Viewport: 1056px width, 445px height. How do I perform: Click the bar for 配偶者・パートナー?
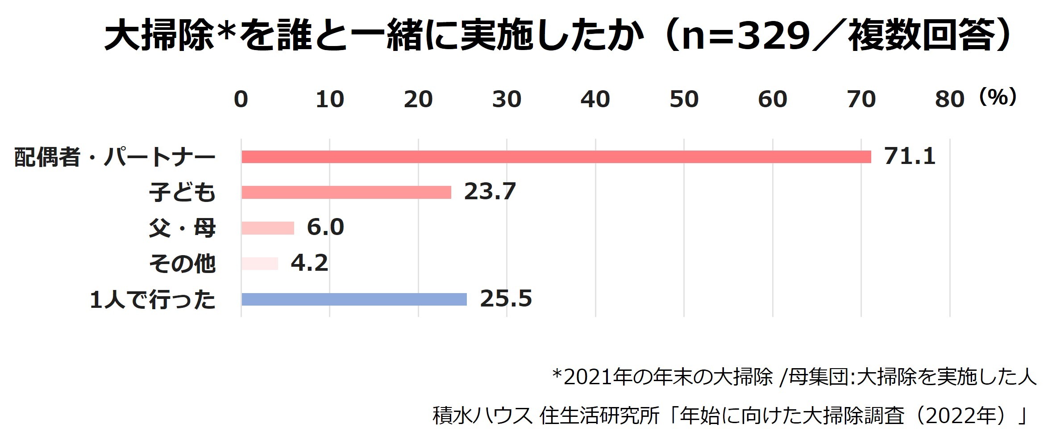click(x=556, y=157)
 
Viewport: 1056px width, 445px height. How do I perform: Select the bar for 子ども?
click(x=346, y=192)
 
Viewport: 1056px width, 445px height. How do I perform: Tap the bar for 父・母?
click(x=267, y=228)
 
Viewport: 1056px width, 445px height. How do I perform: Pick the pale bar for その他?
click(x=259, y=264)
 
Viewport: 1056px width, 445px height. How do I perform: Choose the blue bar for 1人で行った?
click(x=353, y=299)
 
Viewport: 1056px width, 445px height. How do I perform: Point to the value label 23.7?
click(x=490, y=192)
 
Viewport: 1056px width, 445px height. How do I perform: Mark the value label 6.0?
click(x=325, y=227)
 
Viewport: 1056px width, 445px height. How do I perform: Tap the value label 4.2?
click(x=309, y=263)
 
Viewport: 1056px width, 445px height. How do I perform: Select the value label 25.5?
click(x=506, y=299)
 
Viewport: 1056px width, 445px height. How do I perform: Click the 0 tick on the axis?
click(x=241, y=99)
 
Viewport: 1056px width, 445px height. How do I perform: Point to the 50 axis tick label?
click(x=684, y=99)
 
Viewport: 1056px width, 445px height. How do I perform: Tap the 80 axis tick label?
click(x=949, y=99)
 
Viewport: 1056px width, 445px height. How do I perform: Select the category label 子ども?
click(x=182, y=193)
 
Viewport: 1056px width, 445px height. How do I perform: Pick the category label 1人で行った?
click(x=153, y=300)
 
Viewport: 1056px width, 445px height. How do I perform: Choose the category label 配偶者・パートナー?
click(x=115, y=157)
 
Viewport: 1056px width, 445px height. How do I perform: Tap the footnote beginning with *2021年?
click(x=794, y=378)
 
